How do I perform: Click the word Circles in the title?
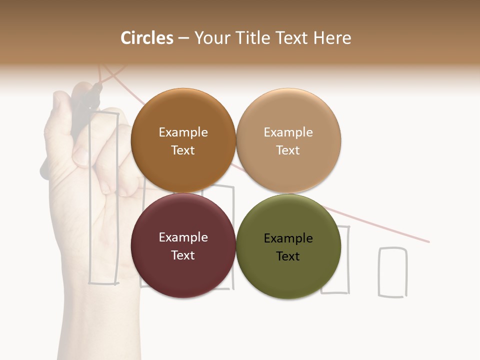(147, 38)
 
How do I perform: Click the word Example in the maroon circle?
(183, 237)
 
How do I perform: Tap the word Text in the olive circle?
(288, 256)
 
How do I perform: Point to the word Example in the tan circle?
(288, 132)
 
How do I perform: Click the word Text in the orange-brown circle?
(183, 150)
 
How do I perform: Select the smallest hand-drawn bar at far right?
(392, 272)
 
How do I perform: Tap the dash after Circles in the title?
(183, 38)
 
